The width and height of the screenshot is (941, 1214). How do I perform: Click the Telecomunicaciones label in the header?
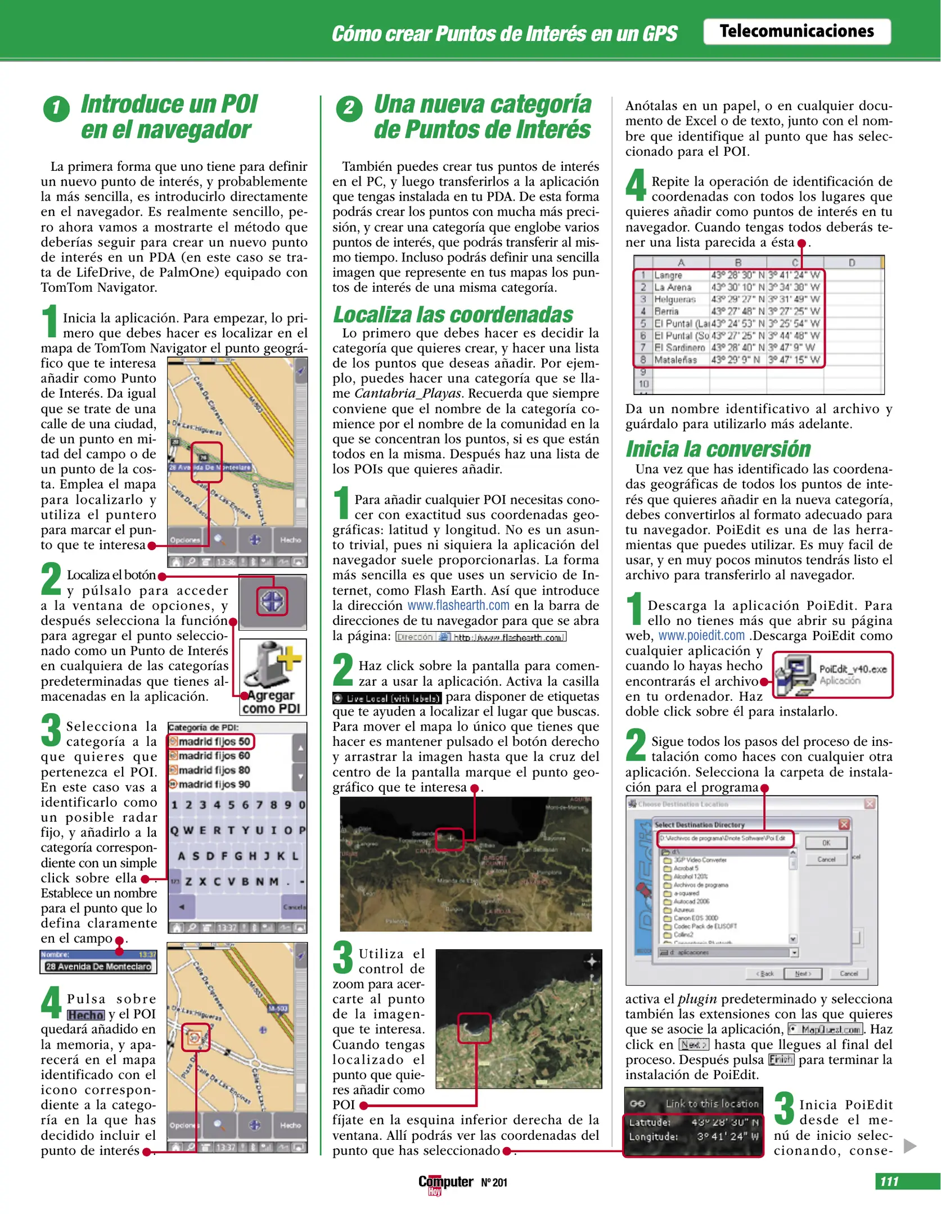796,31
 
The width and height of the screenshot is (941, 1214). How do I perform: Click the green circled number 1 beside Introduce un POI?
56,108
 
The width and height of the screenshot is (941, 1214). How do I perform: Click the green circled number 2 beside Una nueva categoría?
349,108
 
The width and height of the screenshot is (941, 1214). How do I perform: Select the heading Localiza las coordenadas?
453,315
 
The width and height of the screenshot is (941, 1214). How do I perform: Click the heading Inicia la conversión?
718,450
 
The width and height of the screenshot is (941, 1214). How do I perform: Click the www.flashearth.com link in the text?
458,606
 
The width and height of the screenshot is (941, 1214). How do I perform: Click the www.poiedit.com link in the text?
701,636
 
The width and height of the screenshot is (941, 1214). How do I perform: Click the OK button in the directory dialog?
826,843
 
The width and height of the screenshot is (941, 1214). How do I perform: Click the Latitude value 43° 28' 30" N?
725,1122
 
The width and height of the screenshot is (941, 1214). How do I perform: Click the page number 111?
889,1181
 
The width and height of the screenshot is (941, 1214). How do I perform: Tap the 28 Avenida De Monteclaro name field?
98,967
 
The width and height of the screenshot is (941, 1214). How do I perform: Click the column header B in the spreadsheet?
738,262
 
